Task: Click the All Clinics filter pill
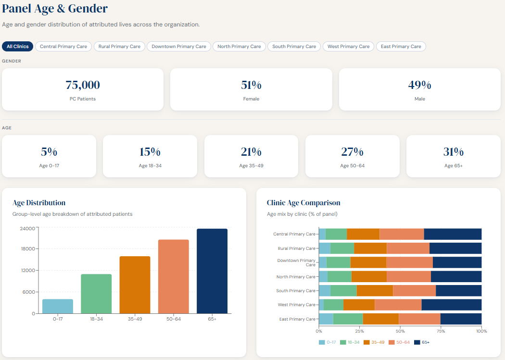click(18, 47)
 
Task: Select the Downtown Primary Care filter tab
click(178, 47)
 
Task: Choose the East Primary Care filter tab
click(401, 47)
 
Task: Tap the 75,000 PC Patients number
click(83, 86)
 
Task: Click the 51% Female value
click(251, 86)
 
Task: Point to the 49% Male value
click(419, 86)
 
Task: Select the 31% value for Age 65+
click(453, 152)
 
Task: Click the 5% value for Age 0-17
click(49, 152)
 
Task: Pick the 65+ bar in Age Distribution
click(212, 271)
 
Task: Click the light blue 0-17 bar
click(58, 306)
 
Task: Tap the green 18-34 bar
click(96, 294)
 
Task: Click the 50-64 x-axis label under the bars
click(173, 319)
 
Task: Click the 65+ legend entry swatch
click(417, 342)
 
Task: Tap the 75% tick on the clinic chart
click(441, 331)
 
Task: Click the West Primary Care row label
click(297, 305)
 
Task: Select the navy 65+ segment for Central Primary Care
click(453, 234)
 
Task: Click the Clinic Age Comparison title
click(303, 203)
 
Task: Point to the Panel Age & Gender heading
click(55, 8)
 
